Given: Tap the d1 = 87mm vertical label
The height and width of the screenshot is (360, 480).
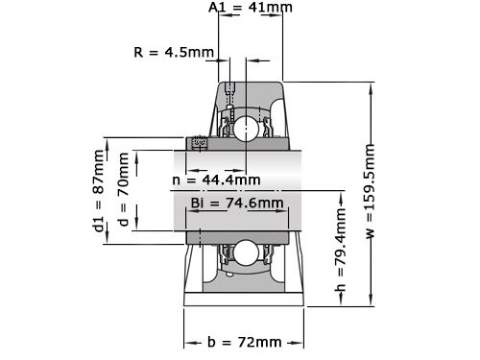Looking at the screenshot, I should pyautogui.click(x=99, y=192).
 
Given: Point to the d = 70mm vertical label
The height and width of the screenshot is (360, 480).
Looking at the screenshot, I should pyautogui.click(x=122, y=191).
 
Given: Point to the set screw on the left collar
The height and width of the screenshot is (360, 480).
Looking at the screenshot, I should pyautogui.click(x=200, y=144).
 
